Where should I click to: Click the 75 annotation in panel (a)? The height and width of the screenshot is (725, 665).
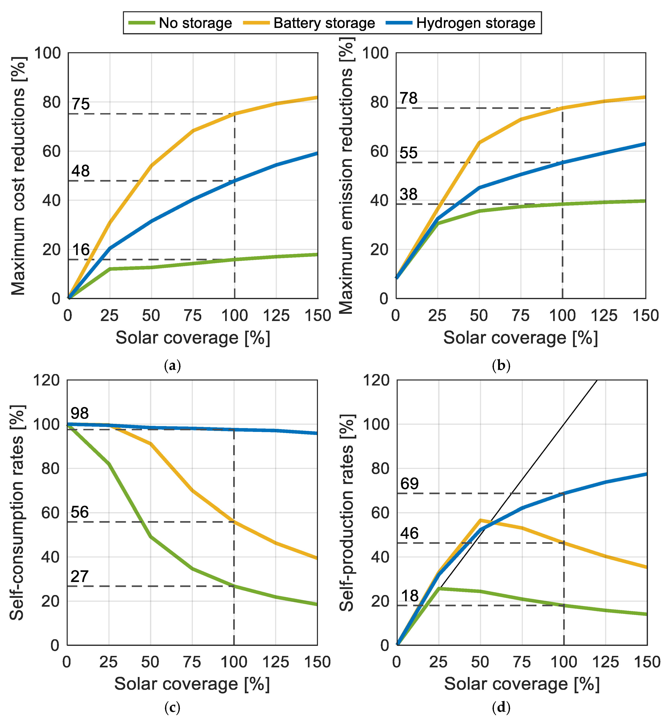tap(81, 104)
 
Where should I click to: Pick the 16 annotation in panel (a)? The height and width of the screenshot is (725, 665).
tap(81, 250)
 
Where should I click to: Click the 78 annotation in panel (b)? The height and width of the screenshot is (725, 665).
tap(409, 98)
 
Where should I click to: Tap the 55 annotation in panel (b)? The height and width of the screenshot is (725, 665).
tap(409, 153)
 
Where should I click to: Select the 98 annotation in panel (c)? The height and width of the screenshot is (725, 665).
tap(80, 413)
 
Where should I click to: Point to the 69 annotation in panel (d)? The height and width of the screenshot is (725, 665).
tap(410, 484)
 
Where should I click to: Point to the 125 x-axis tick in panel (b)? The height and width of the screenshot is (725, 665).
tap(604, 316)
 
